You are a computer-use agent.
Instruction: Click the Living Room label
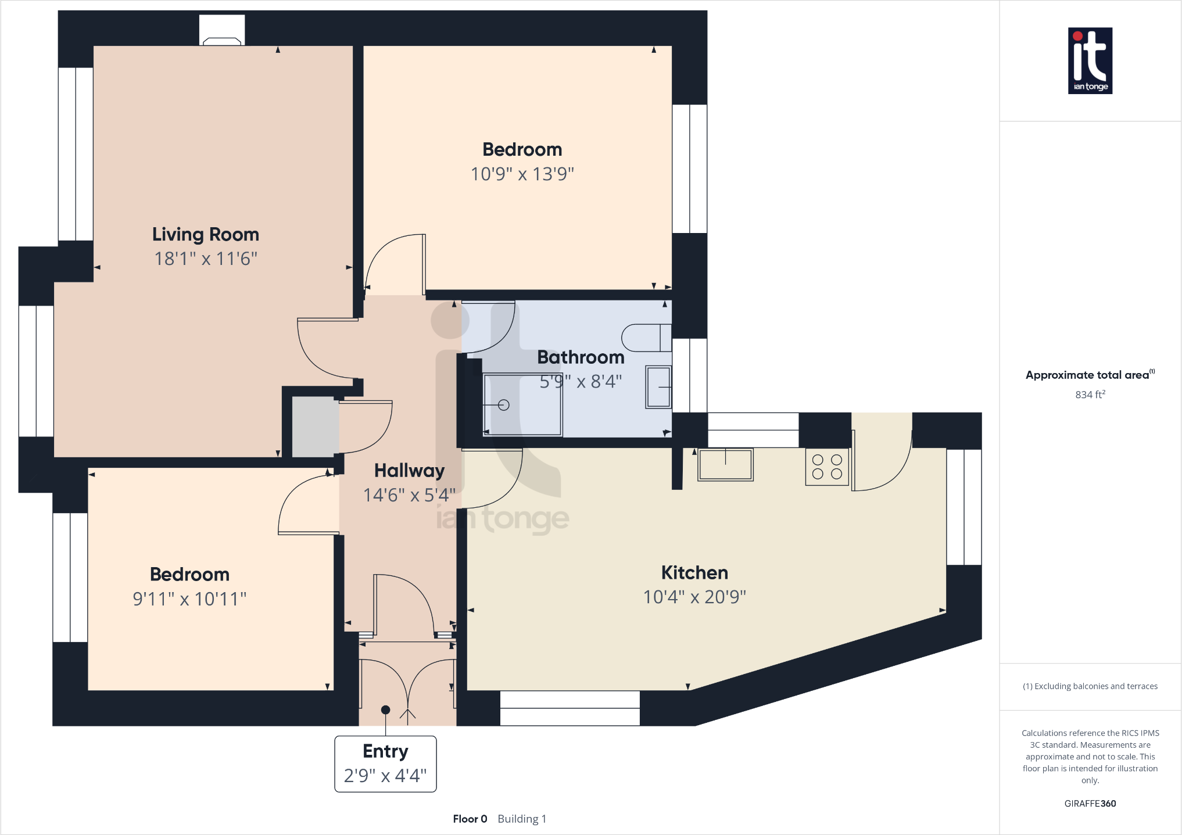205,234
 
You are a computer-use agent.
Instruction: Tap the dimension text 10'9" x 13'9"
522,174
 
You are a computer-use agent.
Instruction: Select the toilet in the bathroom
646,338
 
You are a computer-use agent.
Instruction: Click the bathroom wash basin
658,387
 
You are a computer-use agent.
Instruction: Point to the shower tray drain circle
504,405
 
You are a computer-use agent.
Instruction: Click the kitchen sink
725,464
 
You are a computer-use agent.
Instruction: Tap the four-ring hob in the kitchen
827,467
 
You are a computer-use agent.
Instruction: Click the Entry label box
385,764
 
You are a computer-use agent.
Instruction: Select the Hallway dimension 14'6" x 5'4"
409,495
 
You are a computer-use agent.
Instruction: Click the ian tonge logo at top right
1090,60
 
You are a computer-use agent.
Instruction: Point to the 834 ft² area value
1090,395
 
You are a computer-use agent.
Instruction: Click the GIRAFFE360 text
1090,804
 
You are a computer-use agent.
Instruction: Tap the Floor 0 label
470,819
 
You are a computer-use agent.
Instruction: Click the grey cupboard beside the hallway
314,427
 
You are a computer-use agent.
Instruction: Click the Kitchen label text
694,572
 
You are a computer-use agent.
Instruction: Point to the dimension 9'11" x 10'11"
189,599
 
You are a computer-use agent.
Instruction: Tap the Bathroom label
581,357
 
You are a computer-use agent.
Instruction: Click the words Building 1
522,819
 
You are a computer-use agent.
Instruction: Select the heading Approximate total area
1087,375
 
